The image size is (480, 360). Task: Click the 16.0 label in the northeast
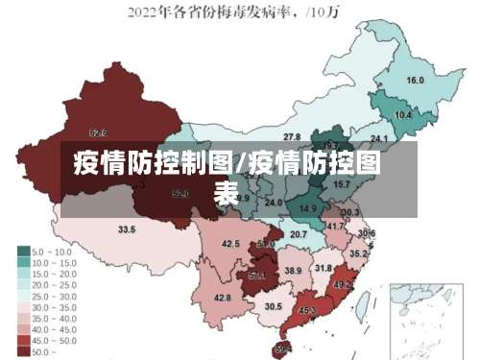click(416, 81)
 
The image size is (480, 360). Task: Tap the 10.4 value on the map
click(403, 115)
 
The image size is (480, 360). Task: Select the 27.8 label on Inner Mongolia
click(292, 137)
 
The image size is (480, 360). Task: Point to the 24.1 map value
click(366, 139)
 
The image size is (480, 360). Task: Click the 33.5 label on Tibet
click(127, 230)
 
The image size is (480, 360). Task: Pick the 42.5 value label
click(230, 244)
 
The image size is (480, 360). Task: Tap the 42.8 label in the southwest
click(223, 298)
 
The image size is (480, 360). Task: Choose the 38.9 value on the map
click(293, 272)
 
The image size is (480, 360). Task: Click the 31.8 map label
click(324, 268)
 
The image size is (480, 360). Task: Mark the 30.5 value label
click(274, 306)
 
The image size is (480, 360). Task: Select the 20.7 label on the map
click(299, 234)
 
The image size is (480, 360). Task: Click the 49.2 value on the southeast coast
click(342, 284)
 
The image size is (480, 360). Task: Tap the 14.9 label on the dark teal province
click(308, 208)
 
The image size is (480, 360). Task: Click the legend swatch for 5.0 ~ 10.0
click(23, 252)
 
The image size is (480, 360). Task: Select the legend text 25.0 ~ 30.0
click(55, 296)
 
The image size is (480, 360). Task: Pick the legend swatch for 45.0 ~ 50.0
click(23, 341)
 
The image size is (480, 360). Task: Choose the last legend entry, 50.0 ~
click(43, 352)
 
